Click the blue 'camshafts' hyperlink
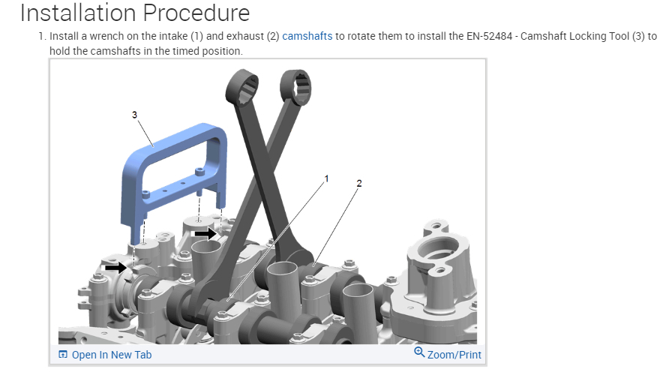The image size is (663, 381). pos(307,36)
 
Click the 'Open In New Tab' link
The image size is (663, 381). pos(112,355)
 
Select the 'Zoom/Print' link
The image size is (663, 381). pos(454,355)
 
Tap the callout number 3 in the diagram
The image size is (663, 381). pos(134,115)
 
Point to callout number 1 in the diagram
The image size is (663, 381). pos(326,178)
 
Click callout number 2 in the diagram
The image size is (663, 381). pos(359,184)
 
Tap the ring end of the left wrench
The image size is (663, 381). pos(241,87)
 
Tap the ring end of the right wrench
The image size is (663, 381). pos(296,88)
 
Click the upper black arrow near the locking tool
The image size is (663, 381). pos(206,233)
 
